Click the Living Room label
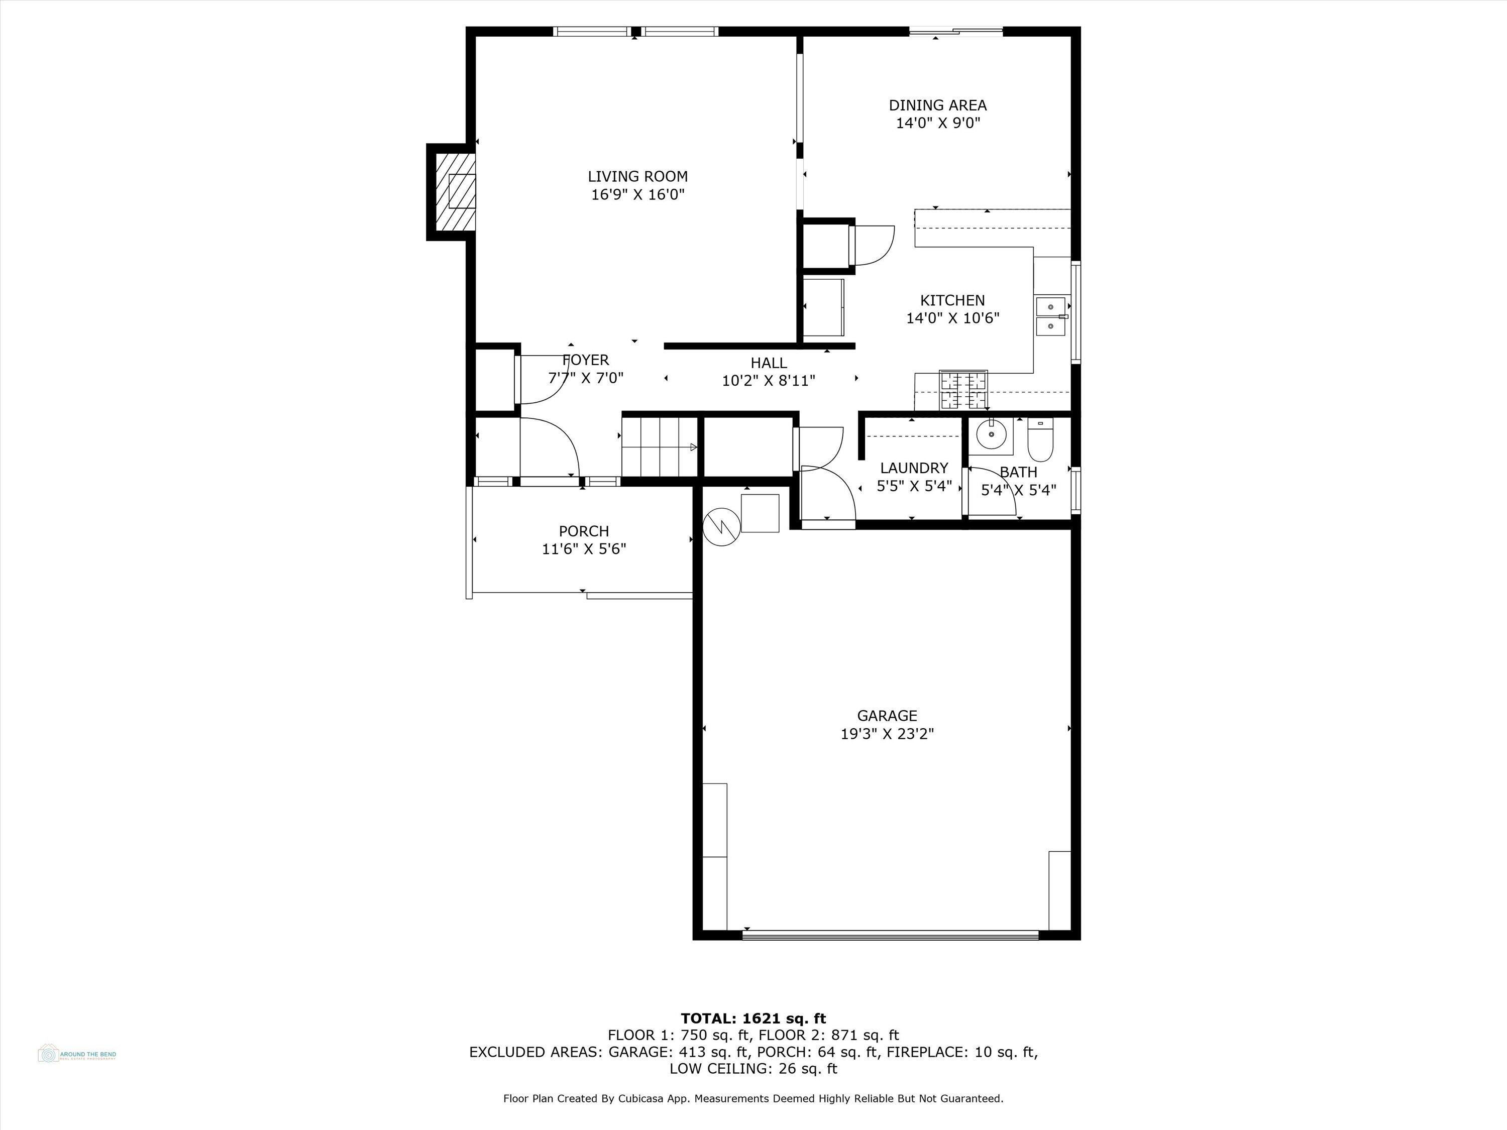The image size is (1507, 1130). [x=637, y=176]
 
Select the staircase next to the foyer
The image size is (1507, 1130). [x=659, y=447]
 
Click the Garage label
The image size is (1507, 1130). [x=887, y=715]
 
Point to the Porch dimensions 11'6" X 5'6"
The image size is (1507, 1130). [x=584, y=549]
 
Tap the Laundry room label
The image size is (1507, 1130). [x=914, y=468]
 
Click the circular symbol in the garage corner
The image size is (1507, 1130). [x=721, y=526]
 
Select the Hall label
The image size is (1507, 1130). [x=769, y=363]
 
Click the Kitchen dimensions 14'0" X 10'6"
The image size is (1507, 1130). [x=952, y=318]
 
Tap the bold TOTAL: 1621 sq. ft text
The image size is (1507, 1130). [x=753, y=1019]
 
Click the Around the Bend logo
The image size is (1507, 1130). [x=76, y=1054]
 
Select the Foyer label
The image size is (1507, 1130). [x=585, y=360]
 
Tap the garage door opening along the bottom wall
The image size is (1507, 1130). [x=890, y=936]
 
